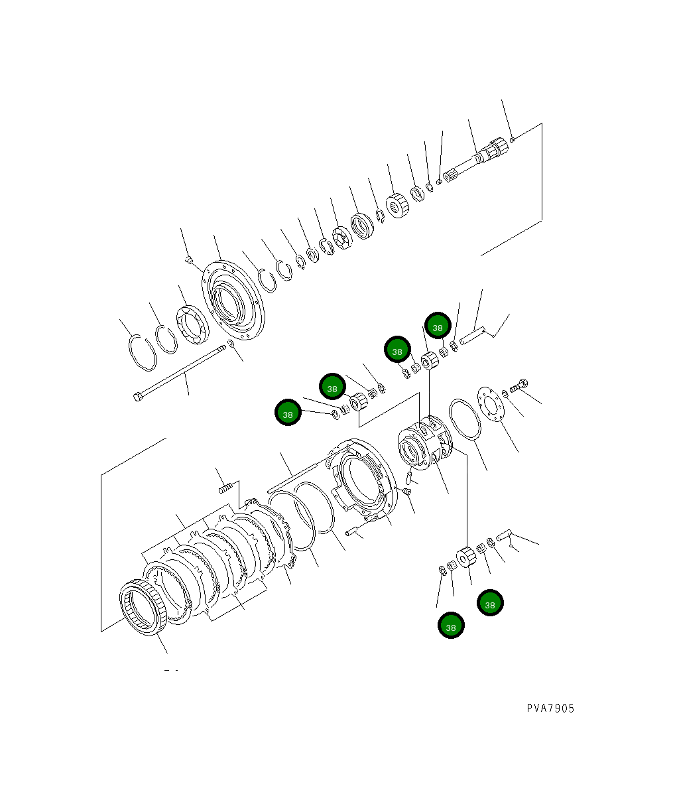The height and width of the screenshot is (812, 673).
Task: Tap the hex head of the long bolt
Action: tap(137, 397)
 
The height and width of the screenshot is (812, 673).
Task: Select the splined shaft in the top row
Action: tap(476, 160)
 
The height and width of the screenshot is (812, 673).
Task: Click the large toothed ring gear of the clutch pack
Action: tap(143, 607)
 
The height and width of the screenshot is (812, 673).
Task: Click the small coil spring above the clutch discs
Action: tap(225, 488)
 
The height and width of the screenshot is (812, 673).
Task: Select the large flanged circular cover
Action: tap(233, 300)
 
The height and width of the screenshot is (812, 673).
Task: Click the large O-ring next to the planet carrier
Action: tap(465, 419)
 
